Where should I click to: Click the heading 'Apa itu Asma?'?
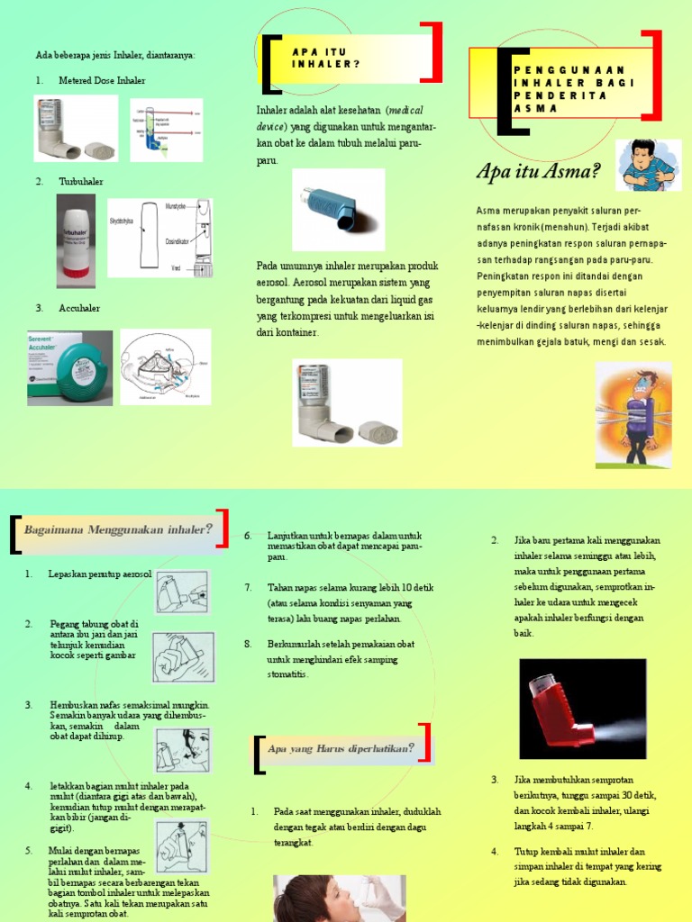click(x=538, y=171)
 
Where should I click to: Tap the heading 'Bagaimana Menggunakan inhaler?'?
click(x=118, y=529)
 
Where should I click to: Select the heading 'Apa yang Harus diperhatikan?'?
click(x=341, y=747)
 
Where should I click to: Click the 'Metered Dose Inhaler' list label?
click(x=101, y=80)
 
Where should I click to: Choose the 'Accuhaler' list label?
click(x=79, y=308)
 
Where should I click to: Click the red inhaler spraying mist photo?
click(x=582, y=709)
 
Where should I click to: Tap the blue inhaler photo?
click(x=338, y=209)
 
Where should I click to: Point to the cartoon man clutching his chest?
click(x=648, y=165)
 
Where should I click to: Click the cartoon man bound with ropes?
click(x=633, y=415)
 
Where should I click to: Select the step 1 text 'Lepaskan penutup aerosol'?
click(x=99, y=574)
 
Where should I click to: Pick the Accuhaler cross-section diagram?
click(x=165, y=366)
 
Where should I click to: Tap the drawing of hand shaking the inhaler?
click(x=183, y=656)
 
